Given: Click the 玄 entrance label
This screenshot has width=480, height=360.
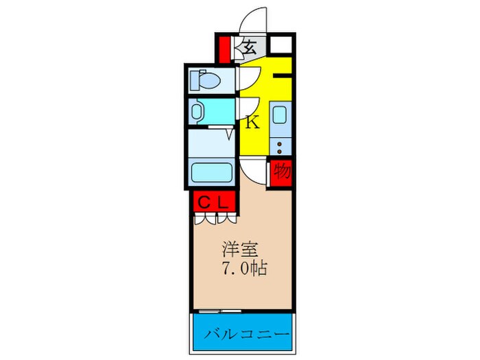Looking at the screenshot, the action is (250, 47).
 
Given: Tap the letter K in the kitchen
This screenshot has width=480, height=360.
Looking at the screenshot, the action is (253, 122).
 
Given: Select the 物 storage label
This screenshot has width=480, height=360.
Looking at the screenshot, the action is (282, 171).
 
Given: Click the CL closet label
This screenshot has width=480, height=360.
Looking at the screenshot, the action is (213, 202).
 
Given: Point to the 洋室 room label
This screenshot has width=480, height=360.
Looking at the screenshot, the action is (240, 250).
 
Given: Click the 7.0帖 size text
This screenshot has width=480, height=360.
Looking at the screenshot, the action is (244, 269).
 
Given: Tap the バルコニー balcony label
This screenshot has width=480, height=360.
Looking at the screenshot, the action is (247, 333).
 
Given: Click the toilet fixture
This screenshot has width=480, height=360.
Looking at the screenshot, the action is (205, 80).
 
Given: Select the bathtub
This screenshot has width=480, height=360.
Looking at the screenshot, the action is (211, 173).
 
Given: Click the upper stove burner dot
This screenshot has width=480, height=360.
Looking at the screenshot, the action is (280, 144).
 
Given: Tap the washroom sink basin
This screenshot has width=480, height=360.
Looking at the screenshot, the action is (195, 111).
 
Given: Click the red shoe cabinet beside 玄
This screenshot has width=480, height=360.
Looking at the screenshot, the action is (225, 49).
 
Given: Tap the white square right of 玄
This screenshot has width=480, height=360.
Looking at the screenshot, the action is (280, 45).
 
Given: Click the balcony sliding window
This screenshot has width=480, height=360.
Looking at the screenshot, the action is (220, 311).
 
